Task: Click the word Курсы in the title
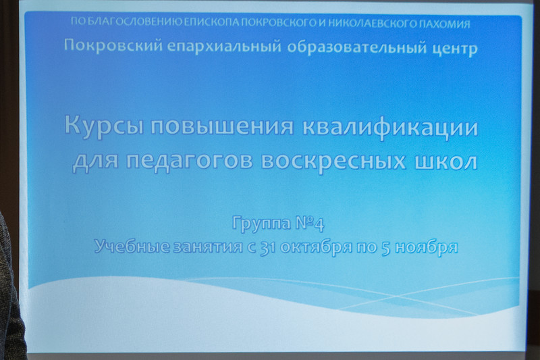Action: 104,127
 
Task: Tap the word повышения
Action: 222,126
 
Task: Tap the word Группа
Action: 261,224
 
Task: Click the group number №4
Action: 310,224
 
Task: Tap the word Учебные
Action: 132,247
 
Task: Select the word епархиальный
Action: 224,47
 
